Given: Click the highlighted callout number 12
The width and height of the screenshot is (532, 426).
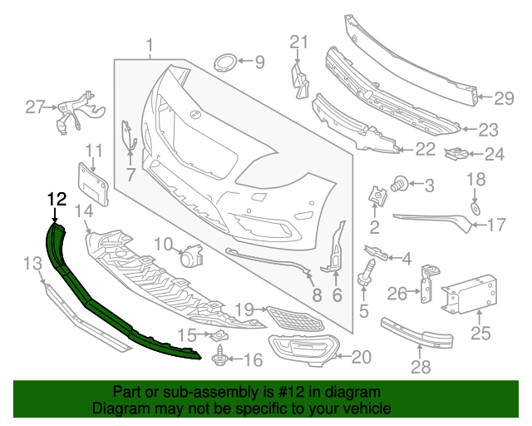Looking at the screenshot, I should tap(56, 199).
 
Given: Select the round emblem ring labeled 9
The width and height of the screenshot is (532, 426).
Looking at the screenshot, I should tap(224, 62).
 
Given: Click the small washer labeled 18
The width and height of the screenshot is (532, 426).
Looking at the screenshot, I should tap(475, 206).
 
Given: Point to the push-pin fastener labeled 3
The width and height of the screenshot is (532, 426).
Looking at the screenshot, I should tap(400, 182).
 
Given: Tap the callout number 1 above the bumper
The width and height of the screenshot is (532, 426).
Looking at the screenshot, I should tap(150, 45).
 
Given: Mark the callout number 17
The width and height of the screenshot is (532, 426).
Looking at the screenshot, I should tap(495, 225).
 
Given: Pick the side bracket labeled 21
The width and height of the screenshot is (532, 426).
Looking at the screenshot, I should tap(298, 73).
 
